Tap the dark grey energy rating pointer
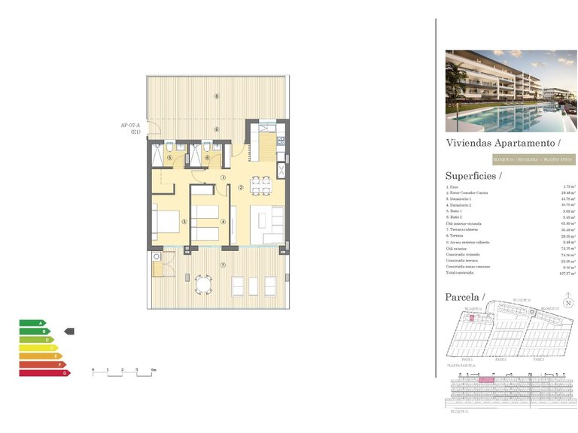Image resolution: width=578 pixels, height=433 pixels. [x=70, y=331]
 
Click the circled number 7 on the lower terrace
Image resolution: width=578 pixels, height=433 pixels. [x=223, y=265]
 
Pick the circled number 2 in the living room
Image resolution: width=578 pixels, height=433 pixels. [x=240, y=188]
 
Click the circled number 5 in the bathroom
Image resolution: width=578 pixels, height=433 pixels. [x=169, y=158]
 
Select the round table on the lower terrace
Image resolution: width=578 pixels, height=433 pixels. [x=202, y=285]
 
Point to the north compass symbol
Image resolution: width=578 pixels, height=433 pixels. [x=568, y=303]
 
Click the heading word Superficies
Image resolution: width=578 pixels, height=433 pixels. [x=472, y=176]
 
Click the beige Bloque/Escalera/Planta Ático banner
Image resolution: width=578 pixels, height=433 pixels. [x=533, y=159]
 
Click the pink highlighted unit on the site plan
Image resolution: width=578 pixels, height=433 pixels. [x=473, y=318]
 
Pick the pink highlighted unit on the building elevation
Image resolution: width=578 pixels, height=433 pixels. [x=485, y=380]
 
